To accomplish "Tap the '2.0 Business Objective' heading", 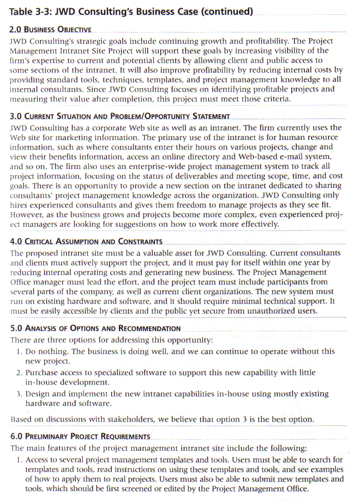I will [50, 30].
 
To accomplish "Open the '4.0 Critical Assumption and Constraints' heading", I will [86, 242].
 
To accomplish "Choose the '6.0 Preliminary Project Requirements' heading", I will [80, 436].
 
